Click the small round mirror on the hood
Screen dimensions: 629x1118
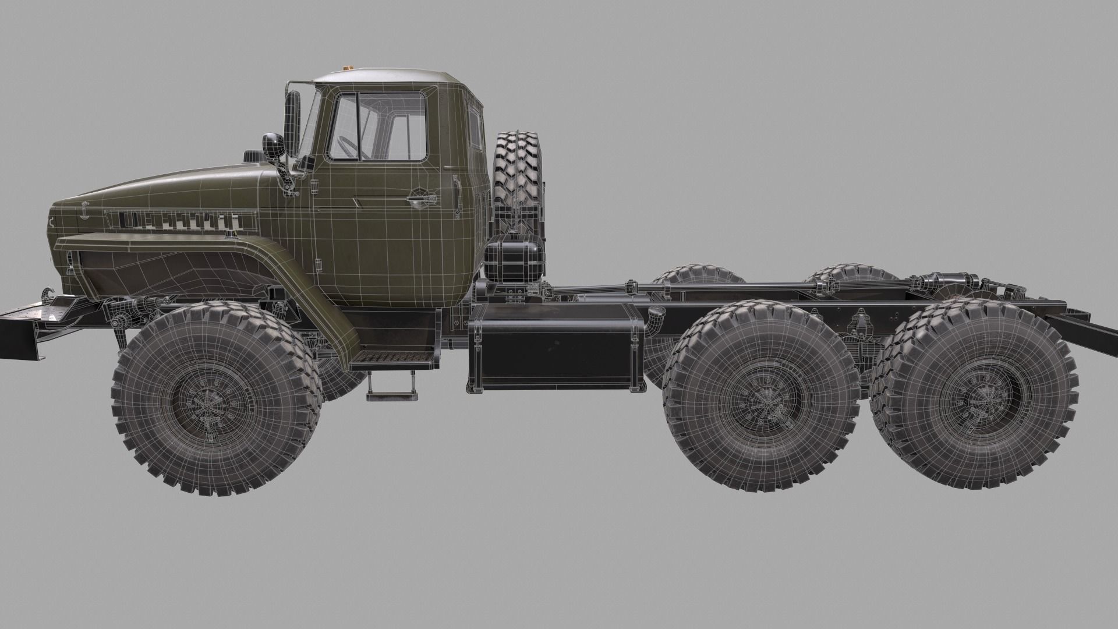pyautogui.click(x=271, y=144)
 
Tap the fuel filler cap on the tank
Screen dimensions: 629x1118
pyautogui.click(x=656, y=314)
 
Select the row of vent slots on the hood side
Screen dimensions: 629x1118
pyautogui.click(x=181, y=220)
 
